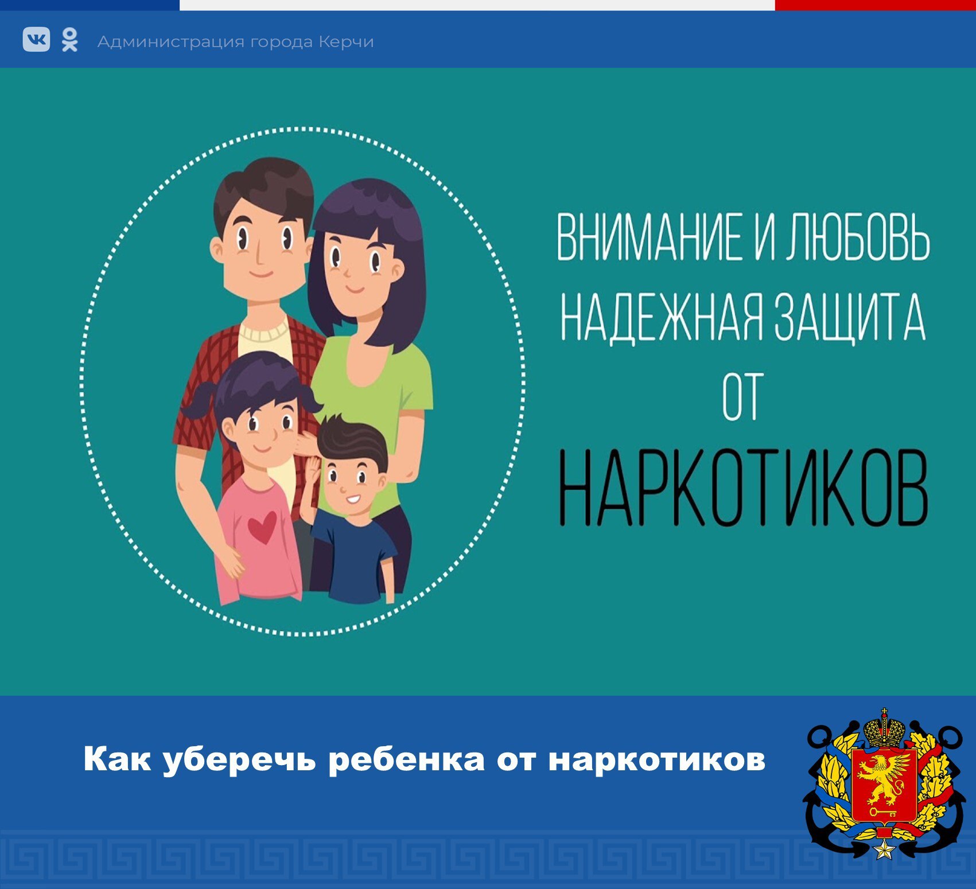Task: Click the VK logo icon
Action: pyautogui.click(x=36, y=40)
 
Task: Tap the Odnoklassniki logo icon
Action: pyautogui.click(x=69, y=40)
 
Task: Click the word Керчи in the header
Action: pyautogui.click(x=346, y=42)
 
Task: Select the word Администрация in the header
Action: pyautogui.click(x=165, y=42)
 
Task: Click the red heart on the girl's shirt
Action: pyautogui.click(x=263, y=527)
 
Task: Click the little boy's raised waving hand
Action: pyautogui.click(x=313, y=470)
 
